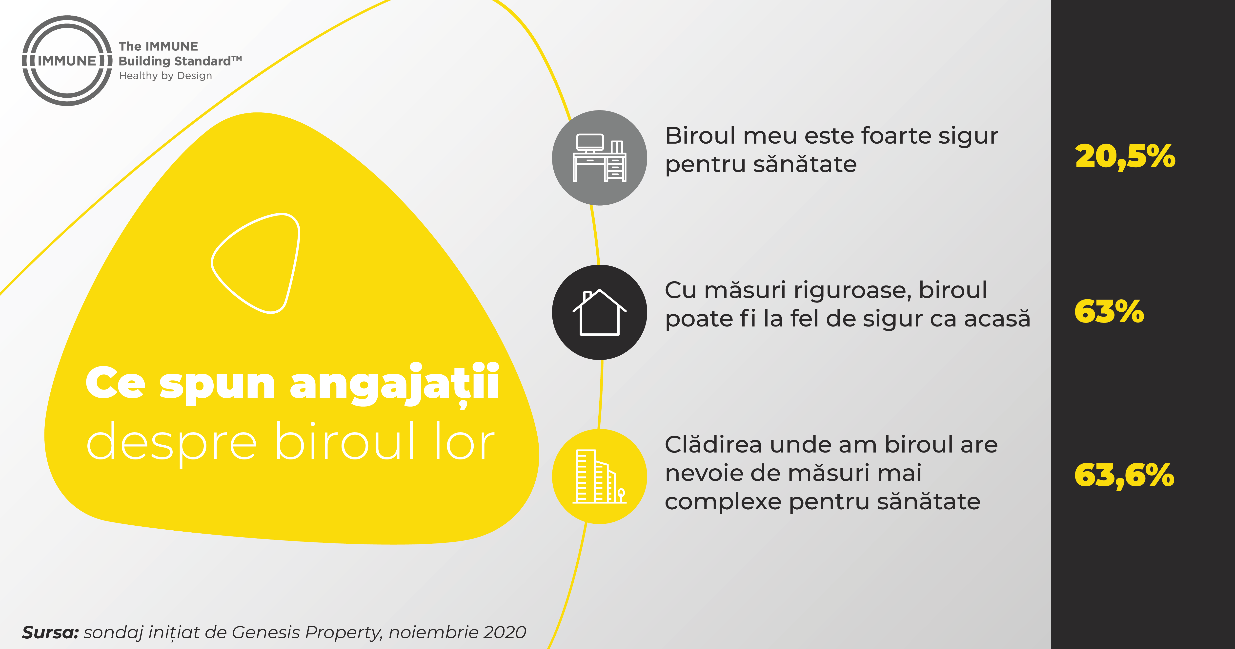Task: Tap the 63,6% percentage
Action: point(1124,475)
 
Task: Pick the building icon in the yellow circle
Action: point(599,476)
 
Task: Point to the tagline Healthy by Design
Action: point(165,76)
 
